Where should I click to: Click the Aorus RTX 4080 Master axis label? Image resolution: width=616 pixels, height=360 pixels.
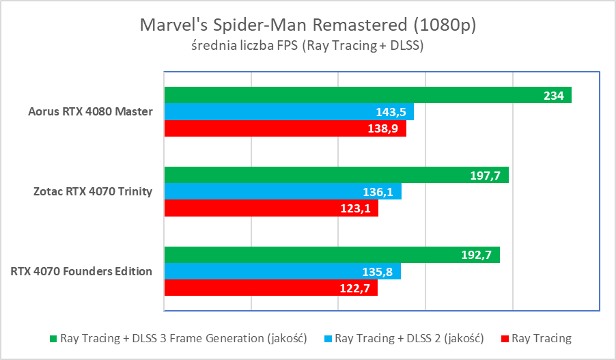pos(90,111)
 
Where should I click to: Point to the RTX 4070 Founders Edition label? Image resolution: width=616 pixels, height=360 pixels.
pos(81,271)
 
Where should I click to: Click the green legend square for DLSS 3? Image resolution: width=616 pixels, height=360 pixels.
pos(53,338)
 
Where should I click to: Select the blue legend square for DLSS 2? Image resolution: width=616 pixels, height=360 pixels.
pos(328,338)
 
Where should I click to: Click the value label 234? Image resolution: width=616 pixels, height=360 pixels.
pos(554,96)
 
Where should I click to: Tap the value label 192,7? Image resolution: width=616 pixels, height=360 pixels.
pos(475,255)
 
